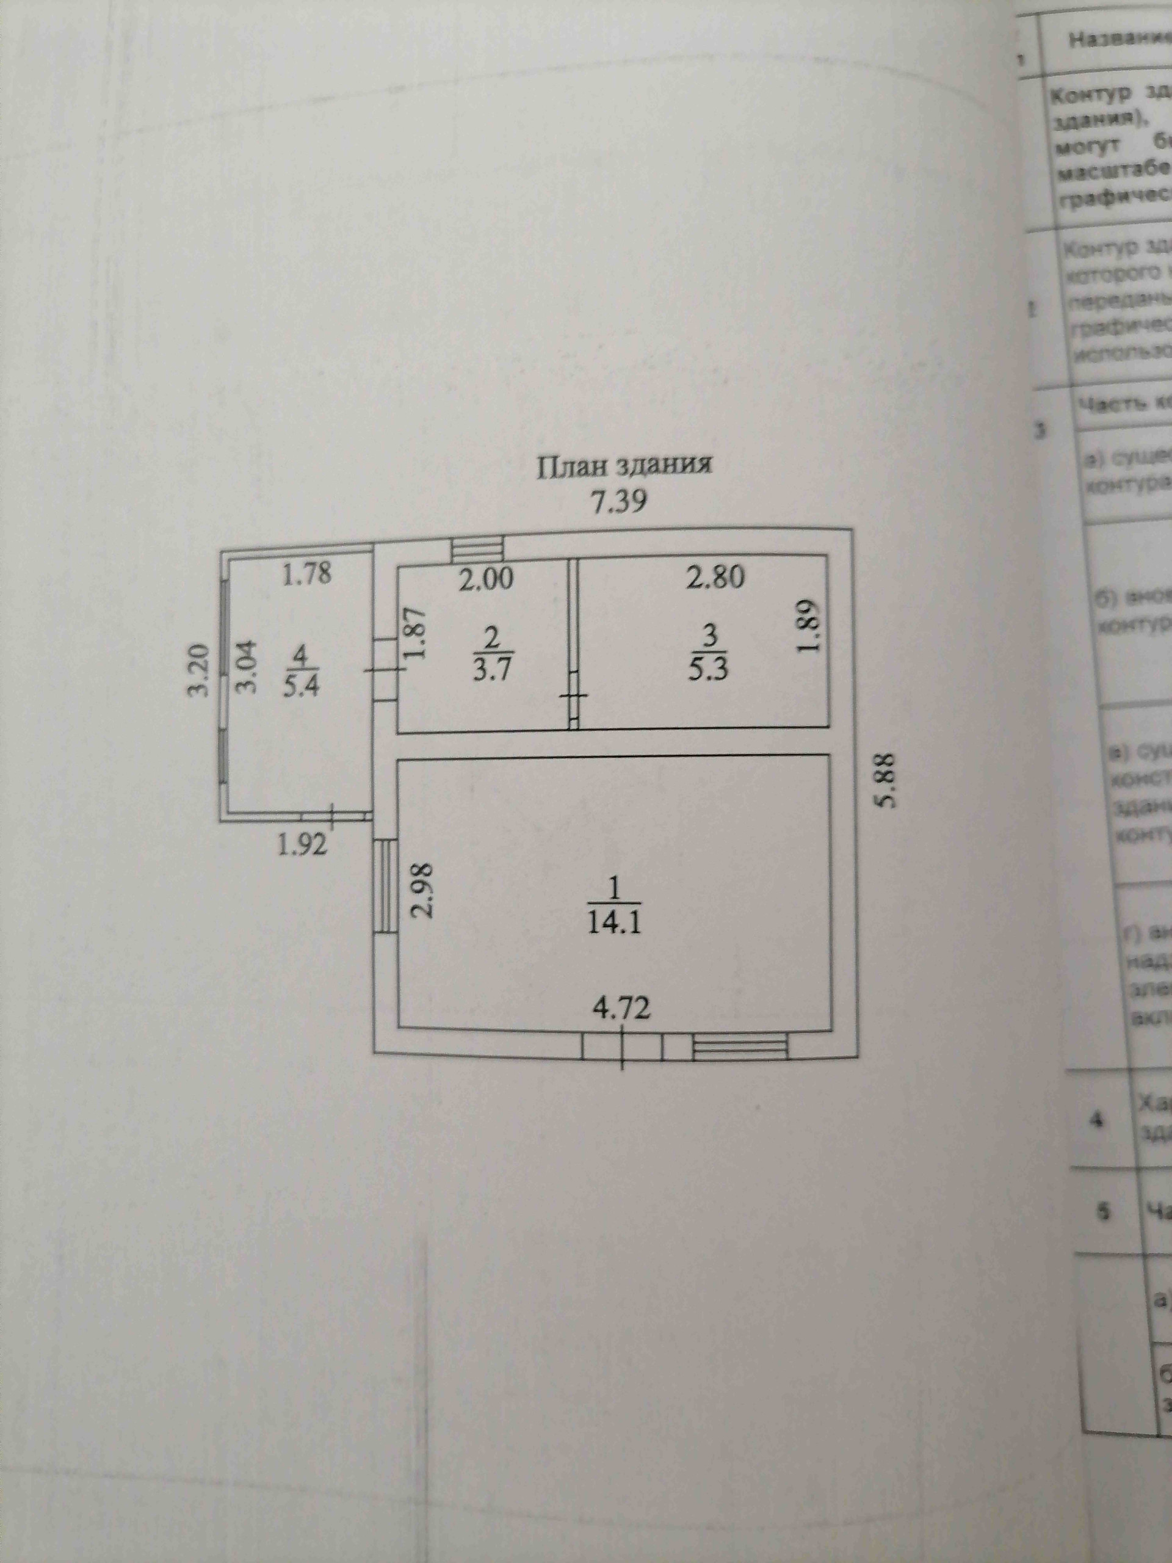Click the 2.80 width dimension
(715, 578)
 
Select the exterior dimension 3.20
(201, 670)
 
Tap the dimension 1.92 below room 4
(302, 844)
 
